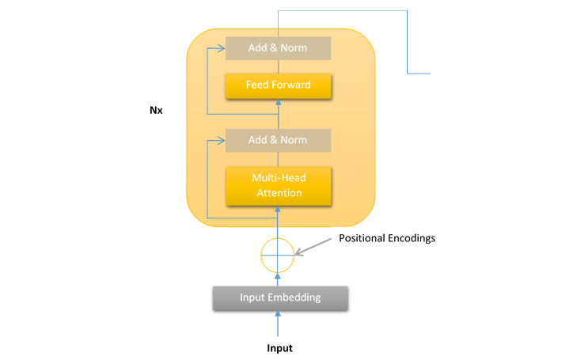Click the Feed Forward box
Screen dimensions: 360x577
pyautogui.click(x=278, y=85)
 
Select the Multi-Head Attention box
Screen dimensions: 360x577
pyautogui.click(x=277, y=185)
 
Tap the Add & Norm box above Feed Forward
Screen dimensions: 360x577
pyautogui.click(x=278, y=48)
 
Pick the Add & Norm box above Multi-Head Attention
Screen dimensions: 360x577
pyautogui.click(x=278, y=140)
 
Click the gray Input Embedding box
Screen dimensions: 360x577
pyautogui.click(x=280, y=297)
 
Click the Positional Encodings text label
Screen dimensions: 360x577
pyautogui.click(x=387, y=238)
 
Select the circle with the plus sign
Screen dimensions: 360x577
pyautogui.click(x=277, y=254)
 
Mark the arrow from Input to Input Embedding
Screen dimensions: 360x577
pyautogui.click(x=278, y=325)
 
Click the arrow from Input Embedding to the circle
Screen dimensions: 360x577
pyautogui.click(x=277, y=278)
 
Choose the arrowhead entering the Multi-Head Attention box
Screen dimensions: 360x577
pyautogui.click(x=277, y=209)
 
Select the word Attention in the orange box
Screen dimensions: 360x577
pyautogui.click(x=277, y=192)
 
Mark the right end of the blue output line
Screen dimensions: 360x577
pyautogui.click(x=430, y=73)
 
